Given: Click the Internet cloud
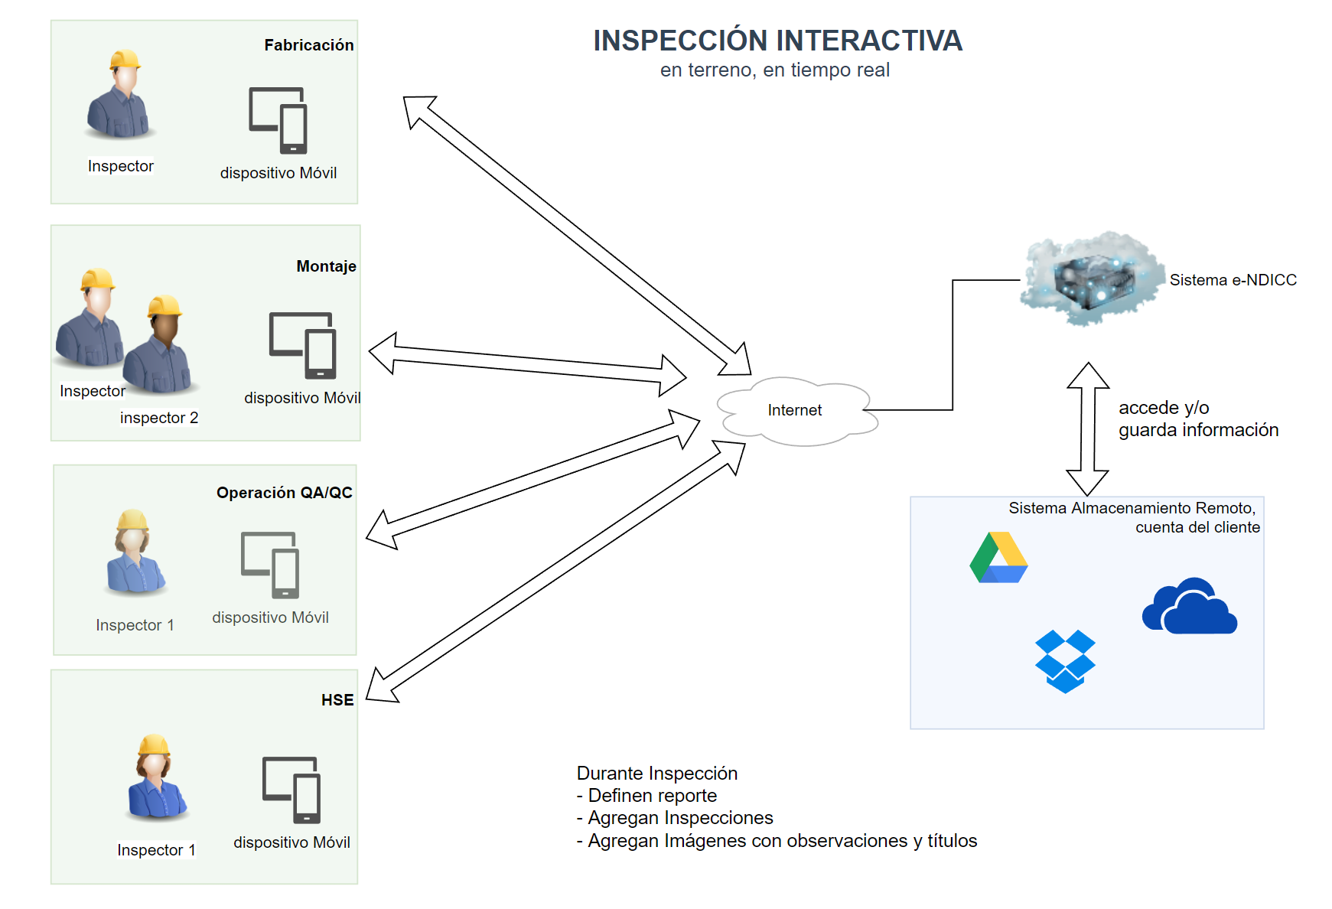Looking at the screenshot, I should [796, 411].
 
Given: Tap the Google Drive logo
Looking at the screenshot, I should [998, 558].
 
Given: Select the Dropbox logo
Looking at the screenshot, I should [1065, 661].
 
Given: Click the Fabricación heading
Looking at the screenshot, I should [308, 45].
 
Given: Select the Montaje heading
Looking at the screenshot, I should [326, 266].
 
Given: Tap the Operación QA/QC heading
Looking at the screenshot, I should [284, 493].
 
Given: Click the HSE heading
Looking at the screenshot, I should [337, 700].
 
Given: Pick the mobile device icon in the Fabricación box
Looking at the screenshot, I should [278, 120].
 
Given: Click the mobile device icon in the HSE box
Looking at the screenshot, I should [291, 790].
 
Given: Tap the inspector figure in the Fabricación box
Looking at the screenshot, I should [119, 95].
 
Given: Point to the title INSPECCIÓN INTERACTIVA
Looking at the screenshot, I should [777, 41].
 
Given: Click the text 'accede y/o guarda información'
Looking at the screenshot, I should [1197, 419].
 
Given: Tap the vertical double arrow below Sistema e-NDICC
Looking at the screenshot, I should [1088, 428].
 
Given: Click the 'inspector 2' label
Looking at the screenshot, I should [159, 418].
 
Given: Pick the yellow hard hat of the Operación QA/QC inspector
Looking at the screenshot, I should [132, 520].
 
